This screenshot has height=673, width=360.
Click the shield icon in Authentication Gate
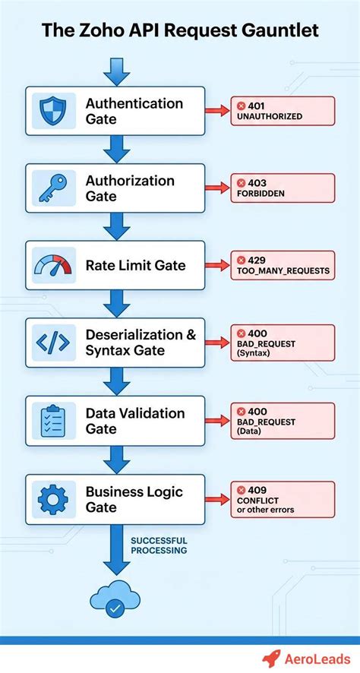tap(53, 110)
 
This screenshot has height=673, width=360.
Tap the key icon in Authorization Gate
tap(53, 188)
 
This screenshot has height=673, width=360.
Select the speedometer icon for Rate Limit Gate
tap(53, 265)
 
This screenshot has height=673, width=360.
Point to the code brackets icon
tap(53, 343)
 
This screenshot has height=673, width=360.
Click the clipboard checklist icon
tap(53, 421)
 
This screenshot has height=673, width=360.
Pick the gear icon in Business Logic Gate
tap(53, 498)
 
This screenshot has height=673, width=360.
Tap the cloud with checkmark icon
tap(115, 599)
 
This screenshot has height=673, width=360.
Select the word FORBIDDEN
tap(260, 193)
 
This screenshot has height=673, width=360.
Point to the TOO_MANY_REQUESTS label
tap(283, 271)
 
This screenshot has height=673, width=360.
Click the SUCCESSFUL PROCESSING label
tap(159, 545)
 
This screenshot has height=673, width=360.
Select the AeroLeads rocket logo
tap(272, 658)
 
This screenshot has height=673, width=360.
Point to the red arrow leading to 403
tap(217, 188)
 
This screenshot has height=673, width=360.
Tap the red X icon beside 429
tap(242, 260)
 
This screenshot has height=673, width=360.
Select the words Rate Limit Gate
tap(136, 265)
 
